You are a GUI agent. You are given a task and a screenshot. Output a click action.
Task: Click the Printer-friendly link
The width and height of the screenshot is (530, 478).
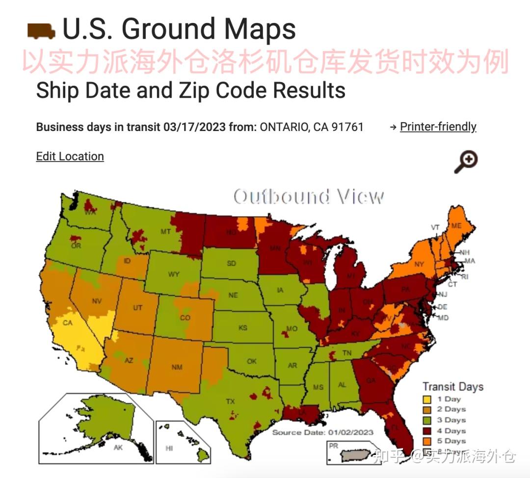pos(438,127)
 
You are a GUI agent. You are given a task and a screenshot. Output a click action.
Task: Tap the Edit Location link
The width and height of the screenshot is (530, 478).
pos(70,157)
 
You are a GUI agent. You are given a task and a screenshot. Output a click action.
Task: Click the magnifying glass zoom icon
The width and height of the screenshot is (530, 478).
pos(466,162)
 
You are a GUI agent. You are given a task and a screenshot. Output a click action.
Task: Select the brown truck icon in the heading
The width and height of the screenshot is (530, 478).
pos(41,30)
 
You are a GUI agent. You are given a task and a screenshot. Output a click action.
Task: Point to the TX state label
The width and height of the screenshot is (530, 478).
pos(230,401)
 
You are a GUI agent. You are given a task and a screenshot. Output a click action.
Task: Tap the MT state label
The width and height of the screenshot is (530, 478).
pos(166,231)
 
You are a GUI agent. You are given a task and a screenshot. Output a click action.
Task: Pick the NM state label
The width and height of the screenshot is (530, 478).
pos(177,367)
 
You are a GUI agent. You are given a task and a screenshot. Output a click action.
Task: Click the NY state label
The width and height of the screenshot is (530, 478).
pos(419,264)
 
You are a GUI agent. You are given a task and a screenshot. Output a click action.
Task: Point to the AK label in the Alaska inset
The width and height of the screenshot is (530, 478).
pos(118,448)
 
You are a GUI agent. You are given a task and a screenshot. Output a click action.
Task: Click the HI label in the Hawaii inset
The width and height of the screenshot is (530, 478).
pos(169,448)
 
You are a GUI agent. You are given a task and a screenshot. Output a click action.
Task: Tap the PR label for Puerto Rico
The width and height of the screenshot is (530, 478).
pos(334,446)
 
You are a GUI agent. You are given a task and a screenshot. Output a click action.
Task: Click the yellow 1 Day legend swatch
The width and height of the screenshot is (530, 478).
pos(427,399)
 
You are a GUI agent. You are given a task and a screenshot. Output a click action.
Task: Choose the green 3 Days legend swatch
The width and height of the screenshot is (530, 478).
pos(427,421)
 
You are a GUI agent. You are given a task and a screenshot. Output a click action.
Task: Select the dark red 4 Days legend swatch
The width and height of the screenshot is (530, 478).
pos(427,431)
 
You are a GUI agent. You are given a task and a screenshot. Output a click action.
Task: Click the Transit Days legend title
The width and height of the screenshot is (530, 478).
pos(453,387)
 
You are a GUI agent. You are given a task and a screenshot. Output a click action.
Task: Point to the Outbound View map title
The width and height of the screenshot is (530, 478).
pos(309,196)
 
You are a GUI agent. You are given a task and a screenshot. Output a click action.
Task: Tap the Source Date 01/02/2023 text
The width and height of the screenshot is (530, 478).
pos(323,432)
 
